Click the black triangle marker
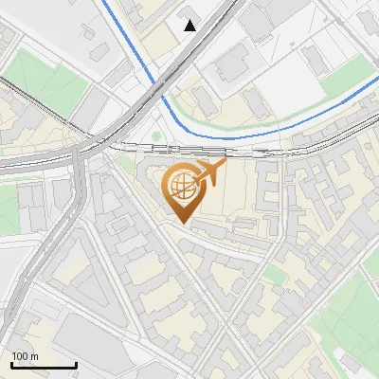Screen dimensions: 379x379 (x=191, y=26)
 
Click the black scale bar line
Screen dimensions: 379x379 (x=44, y=366)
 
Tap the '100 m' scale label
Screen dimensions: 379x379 (x=25, y=356)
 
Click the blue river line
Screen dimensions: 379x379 (x=284, y=122)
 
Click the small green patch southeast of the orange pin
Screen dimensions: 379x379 (x=274, y=274)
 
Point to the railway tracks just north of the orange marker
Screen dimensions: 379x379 (x=189, y=149)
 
